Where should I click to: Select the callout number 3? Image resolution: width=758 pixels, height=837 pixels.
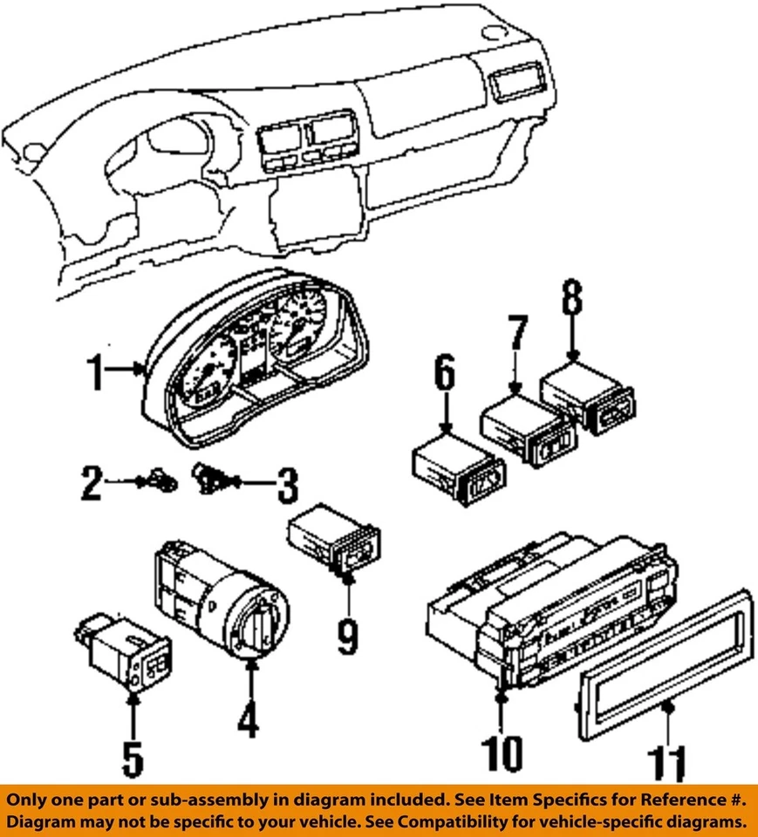click(286, 486)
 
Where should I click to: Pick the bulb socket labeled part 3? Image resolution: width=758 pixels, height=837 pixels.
click(209, 477)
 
